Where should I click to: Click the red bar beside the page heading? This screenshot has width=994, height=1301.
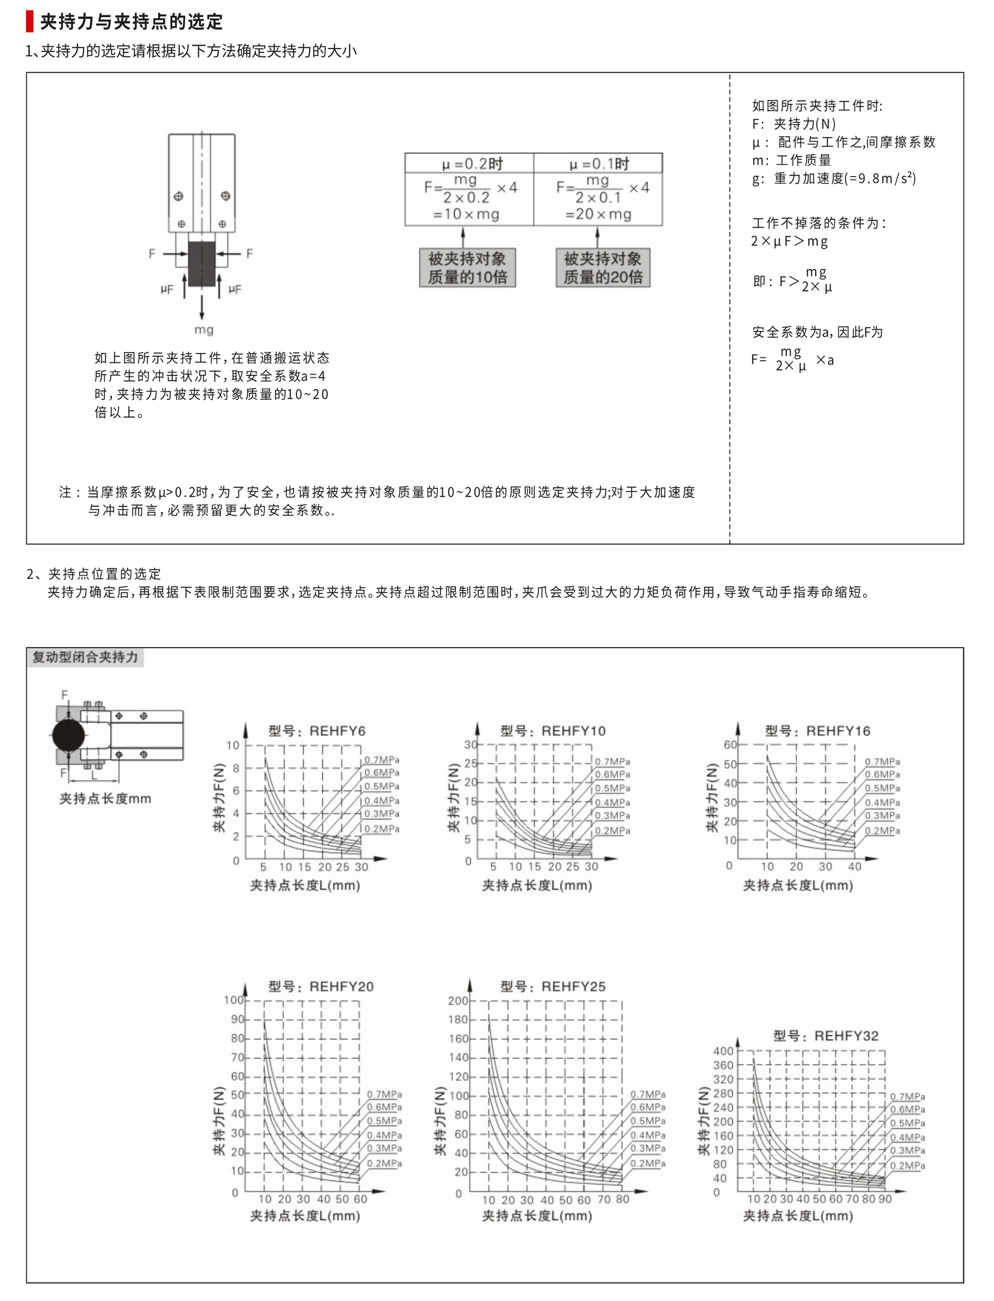coord(30,21)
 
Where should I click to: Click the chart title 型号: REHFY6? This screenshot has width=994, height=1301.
coord(317,730)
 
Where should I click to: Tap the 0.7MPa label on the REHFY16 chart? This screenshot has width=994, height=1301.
coord(882,761)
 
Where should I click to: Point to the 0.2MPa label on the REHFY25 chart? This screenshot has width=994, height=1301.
coord(648,1163)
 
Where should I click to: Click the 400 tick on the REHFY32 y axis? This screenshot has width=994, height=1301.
coord(723,1050)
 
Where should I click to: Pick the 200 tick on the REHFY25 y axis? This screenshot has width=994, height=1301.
coord(458,1000)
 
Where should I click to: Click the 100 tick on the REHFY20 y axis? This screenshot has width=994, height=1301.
coord(233,1000)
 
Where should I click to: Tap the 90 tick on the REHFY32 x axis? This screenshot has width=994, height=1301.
coord(885,1199)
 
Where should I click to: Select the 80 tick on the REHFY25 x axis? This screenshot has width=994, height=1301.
coord(622,1199)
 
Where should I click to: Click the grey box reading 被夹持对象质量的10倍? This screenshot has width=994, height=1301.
coord(467,267)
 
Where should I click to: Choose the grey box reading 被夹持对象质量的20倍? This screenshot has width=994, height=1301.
coord(603,267)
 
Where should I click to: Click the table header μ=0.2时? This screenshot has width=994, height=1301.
coord(472,164)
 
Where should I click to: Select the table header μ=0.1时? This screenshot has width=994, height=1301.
coord(599,164)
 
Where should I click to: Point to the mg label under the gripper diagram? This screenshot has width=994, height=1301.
coord(204,330)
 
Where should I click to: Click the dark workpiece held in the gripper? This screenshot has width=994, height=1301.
coord(202,263)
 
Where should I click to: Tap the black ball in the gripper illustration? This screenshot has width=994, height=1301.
coord(69,735)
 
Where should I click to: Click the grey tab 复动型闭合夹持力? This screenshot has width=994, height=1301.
coord(84,657)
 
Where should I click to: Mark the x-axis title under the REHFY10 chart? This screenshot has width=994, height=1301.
coord(537,885)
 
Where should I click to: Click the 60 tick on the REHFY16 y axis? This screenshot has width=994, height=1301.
coord(730,745)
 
